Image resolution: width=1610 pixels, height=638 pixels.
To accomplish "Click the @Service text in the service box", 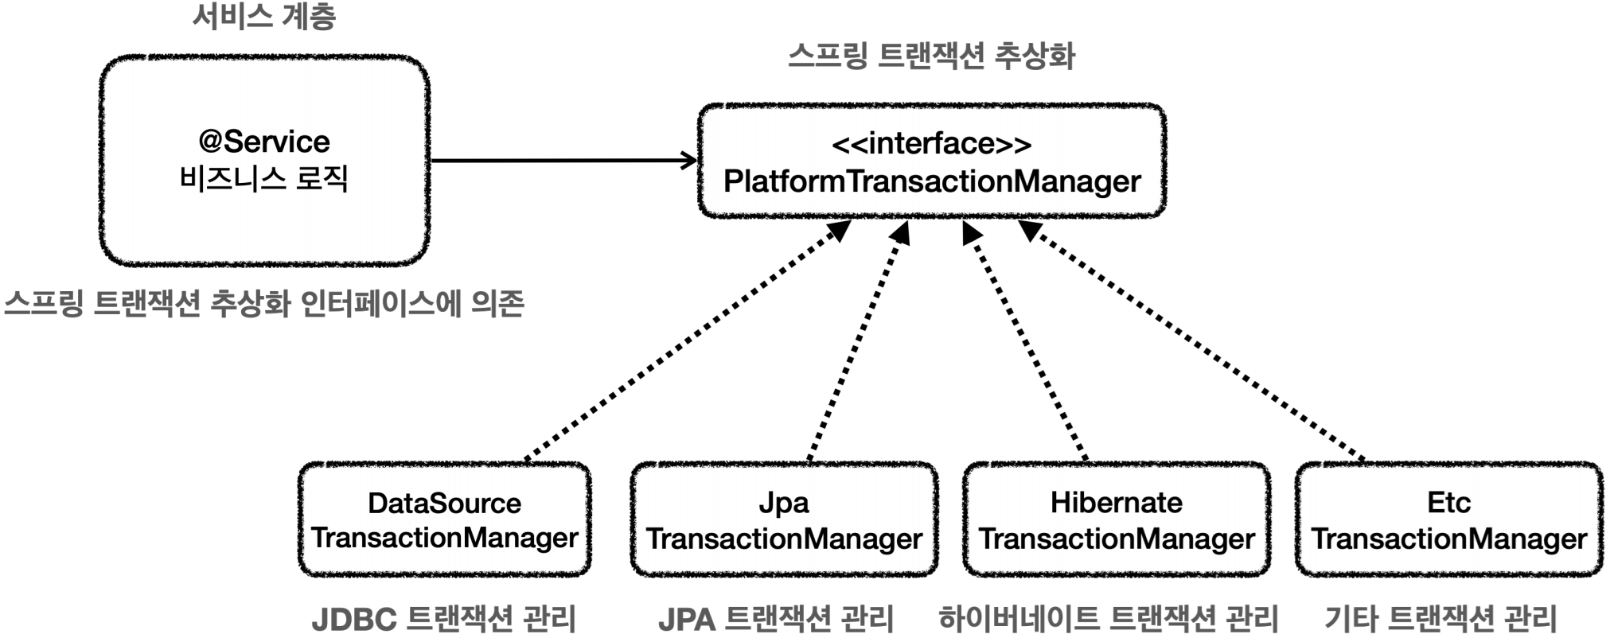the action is pyautogui.click(x=264, y=142).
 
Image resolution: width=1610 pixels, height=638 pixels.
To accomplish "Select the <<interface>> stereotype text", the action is pyautogui.click(x=931, y=144).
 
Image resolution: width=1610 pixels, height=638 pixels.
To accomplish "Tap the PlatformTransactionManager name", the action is pyautogui.click(x=932, y=181).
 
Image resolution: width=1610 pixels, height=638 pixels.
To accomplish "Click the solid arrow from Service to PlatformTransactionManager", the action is pyautogui.click(x=564, y=161).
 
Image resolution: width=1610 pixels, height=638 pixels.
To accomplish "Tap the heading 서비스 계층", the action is pyautogui.click(x=264, y=17).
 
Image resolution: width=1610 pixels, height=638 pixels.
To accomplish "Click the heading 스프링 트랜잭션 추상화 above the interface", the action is pyautogui.click(x=931, y=56).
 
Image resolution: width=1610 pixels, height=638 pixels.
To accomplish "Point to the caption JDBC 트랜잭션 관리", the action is pyautogui.click(x=444, y=618).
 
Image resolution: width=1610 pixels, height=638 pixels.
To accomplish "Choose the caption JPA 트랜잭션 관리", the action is pyautogui.click(x=776, y=618).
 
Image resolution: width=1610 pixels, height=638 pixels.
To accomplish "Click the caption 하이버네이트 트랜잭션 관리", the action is pyautogui.click(x=1109, y=618).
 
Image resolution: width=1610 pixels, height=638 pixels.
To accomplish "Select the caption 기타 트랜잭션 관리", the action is pyautogui.click(x=1441, y=618).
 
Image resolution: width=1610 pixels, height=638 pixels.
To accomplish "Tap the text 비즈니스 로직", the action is pyautogui.click(x=264, y=178).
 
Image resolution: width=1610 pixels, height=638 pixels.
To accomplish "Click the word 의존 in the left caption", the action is pyautogui.click(x=498, y=303).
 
